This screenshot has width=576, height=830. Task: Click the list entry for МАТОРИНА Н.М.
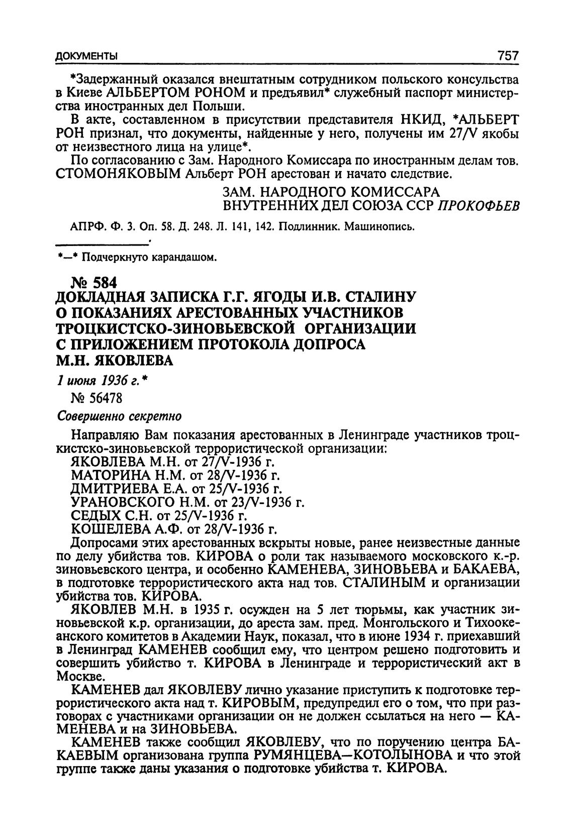pyautogui.click(x=175, y=475)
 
